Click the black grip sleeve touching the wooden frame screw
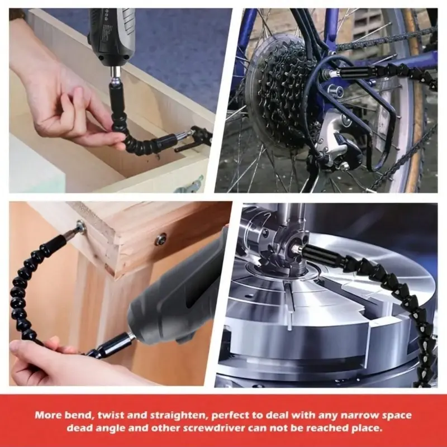click(x=55, y=243)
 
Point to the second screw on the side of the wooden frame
click(x=160, y=239)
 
